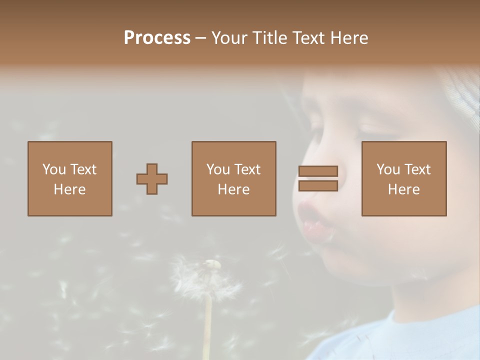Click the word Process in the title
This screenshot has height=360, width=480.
click(157, 38)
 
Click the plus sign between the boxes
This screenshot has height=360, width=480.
click(152, 179)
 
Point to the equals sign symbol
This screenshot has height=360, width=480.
click(318, 179)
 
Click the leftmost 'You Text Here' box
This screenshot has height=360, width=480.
click(70, 179)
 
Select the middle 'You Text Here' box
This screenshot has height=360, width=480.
click(233, 179)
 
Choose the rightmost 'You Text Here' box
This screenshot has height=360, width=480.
click(404, 179)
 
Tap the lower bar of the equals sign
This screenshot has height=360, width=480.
click(318, 186)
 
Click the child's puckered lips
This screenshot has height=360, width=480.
click(314, 220)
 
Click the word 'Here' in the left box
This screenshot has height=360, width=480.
click(70, 189)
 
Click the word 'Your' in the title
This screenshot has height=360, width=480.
click(229, 38)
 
